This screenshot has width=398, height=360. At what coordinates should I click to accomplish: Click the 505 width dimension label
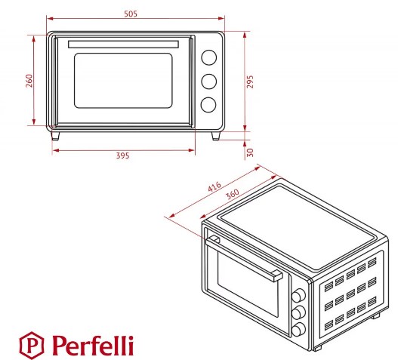[131, 14]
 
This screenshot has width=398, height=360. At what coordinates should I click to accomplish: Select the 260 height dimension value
[29, 81]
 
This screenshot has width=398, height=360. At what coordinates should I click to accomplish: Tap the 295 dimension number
[250, 82]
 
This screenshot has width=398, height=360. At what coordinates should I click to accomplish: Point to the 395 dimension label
[123, 155]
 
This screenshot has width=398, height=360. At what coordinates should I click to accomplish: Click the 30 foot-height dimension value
[250, 152]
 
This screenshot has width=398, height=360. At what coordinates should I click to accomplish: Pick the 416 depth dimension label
[214, 186]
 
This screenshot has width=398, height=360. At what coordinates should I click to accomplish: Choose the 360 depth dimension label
[233, 194]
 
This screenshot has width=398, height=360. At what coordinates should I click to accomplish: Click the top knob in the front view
[209, 57]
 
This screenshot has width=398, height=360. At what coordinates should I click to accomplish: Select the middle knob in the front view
[209, 82]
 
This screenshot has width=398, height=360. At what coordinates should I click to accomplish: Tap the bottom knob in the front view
[208, 105]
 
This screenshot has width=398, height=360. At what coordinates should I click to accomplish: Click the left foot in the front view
[55, 136]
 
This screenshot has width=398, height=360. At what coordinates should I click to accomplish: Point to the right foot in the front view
[216, 136]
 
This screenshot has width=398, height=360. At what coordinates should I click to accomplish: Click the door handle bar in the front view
[123, 45]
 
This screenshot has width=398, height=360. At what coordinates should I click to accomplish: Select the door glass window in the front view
[123, 81]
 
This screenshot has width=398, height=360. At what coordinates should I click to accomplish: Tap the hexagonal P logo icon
[32, 346]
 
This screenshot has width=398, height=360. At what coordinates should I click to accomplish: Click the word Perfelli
[93, 346]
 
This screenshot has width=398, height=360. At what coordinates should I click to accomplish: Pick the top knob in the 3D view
[298, 296]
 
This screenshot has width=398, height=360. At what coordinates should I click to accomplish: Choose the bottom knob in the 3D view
[298, 329]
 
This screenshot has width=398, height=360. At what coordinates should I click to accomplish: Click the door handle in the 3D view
[244, 258]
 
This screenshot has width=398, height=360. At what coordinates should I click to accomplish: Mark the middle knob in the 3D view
[298, 312]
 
